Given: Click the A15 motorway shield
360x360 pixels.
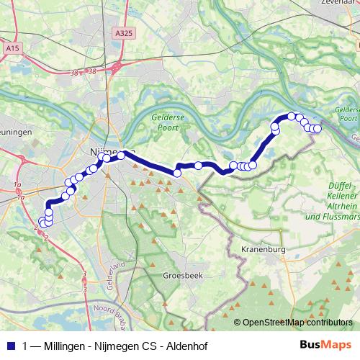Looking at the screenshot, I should (x=12, y=48).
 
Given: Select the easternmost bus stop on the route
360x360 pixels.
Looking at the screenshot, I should (x=317, y=129).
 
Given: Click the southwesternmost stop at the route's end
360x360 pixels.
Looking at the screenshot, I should (x=41, y=223).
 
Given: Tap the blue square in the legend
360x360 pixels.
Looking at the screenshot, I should (x=10, y=344).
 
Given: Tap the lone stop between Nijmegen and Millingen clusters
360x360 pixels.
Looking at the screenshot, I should (x=198, y=166).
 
